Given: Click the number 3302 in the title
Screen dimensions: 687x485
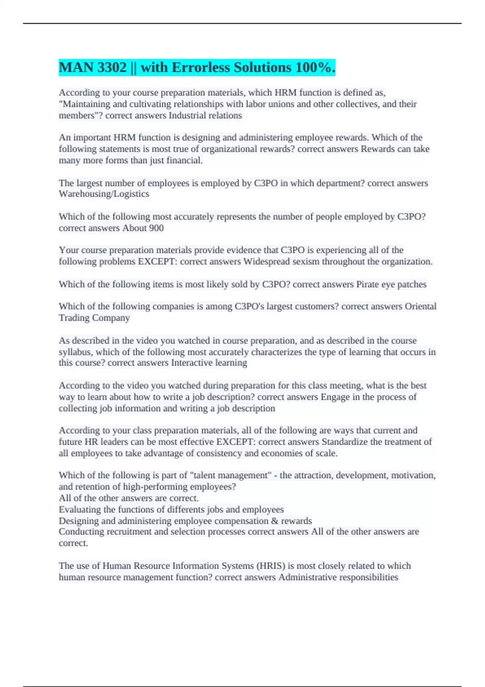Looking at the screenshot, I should [x=112, y=67].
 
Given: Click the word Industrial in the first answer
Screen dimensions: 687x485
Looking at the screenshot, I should [x=187, y=116].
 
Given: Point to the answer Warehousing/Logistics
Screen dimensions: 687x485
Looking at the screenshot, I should [x=104, y=194].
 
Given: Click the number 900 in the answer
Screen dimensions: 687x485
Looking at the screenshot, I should [x=156, y=228].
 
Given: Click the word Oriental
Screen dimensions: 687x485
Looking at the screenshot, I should [x=420, y=306].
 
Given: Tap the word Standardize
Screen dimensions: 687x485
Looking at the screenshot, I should [x=345, y=442].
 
